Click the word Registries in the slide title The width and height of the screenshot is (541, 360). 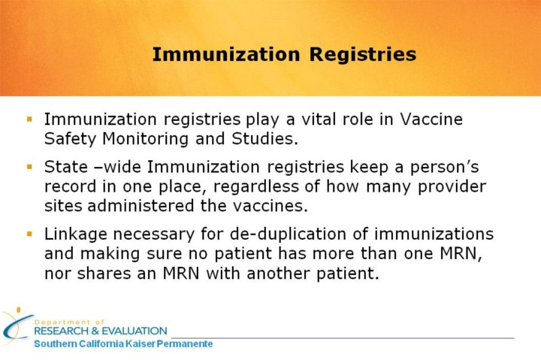pos(363,55)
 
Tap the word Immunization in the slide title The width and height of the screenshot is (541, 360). pos(226,55)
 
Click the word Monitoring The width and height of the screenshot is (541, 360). pos(145,139)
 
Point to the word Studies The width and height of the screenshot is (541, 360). pos(264,138)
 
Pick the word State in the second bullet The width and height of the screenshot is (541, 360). pos(66,167)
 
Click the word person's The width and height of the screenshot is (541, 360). pos(444,168)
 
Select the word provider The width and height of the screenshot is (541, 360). pos(452,186)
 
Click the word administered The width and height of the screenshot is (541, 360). pos(141,206)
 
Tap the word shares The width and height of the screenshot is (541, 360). pos(104,274)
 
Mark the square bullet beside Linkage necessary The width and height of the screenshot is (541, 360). pos(29,234)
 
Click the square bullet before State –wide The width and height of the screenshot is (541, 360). pos(29,167)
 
